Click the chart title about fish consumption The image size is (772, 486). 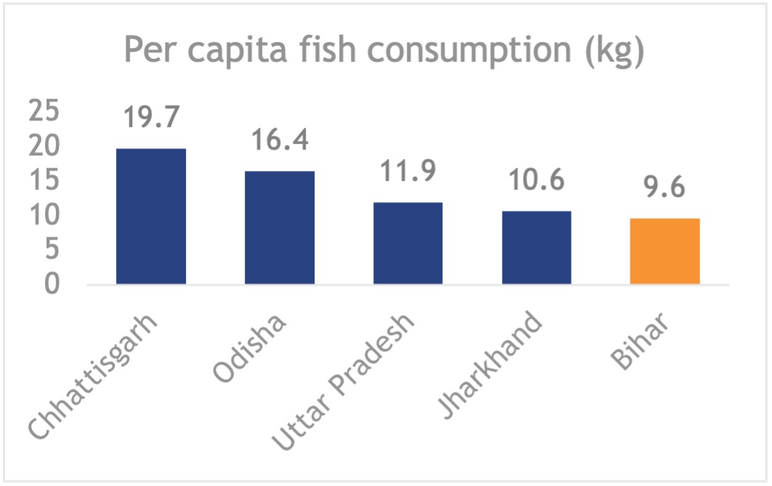tap(385, 51)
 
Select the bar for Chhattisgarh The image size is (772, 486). tap(151, 216)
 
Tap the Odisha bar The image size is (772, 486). tap(280, 227)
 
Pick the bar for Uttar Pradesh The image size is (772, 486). tap(407, 243)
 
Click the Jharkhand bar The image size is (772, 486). tap(536, 247)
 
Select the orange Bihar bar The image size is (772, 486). tap(665, 251)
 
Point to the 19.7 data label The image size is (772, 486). tap(151, 117)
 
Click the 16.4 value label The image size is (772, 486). tap(280, 139)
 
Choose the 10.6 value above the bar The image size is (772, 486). tap(536, 180)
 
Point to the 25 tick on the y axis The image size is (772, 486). tap(44, 113)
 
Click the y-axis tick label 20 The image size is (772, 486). tap(44, 147)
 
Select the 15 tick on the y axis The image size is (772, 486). tap(44, 182)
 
